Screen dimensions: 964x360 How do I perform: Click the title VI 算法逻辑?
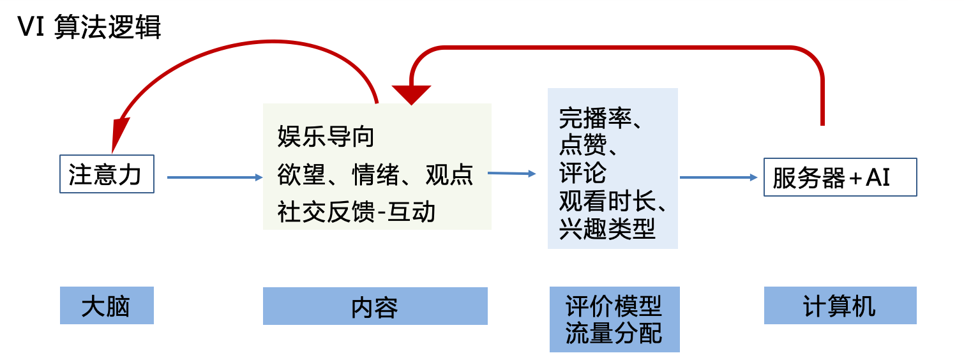point(89,27)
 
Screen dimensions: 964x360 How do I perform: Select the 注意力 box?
point(107,174)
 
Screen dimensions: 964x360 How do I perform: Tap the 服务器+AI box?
point(840,177)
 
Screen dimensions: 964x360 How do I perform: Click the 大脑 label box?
point(107,305)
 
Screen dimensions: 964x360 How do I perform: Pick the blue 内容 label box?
point(375,306)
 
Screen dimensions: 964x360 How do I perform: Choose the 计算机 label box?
point(840,305)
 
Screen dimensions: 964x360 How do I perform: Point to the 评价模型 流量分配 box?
point(615,320)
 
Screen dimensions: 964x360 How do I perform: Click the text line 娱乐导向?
point(326,137)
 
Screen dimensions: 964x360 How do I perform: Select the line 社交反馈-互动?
point(356,212)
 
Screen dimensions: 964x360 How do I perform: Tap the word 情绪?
point(376,175)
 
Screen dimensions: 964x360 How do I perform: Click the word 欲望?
point(301,175)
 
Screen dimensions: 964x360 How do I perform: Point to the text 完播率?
point(595,118)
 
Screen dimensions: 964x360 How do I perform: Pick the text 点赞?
point(583,145)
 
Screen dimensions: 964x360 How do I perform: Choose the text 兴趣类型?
point(607,229)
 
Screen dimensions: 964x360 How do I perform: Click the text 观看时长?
point(607,201)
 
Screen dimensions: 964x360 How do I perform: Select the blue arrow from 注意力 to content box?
point(215,177)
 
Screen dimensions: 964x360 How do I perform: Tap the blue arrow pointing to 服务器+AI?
point(718,177)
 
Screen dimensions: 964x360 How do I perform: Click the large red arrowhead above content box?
point(411,94)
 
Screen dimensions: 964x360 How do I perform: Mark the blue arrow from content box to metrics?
point(512,174)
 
